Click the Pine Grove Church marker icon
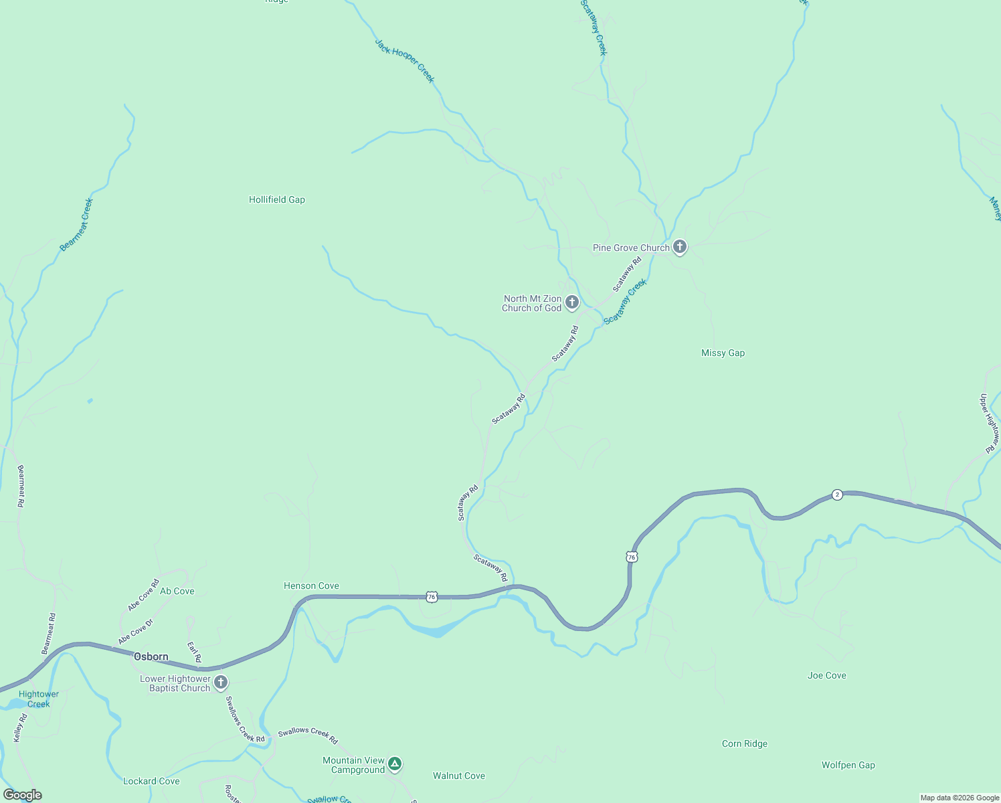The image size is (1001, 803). [x=679, y=247]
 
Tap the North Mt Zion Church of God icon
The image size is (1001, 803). [x=571, y=302]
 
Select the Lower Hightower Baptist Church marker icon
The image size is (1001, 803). [x=221, y=683]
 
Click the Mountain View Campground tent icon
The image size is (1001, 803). [x=395, y=764]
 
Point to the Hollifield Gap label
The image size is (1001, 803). [x=277, y=199]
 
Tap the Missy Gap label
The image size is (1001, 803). [x=723, y=353]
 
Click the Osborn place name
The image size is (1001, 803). [x=151, y=656]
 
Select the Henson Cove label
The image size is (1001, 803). [x=311, y=586]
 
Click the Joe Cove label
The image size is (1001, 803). [x=826, y=675]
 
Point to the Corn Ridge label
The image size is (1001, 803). [x=744, y=743]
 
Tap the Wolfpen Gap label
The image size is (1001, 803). [x=848, y=765]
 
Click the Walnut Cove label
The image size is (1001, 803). [x=458, y=776]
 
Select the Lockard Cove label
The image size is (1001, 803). [x=151, y=781]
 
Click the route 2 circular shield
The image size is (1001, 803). [x=837, y=495]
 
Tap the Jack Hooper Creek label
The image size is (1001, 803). [x=404, y=61]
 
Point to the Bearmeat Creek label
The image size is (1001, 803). [x=76, y=225]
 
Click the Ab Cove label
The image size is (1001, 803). [x=177, y=591]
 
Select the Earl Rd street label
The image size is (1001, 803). [x=194, y=652]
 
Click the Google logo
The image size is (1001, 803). [x=22, y=795]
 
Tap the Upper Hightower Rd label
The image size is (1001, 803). [x=990, y=423]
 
